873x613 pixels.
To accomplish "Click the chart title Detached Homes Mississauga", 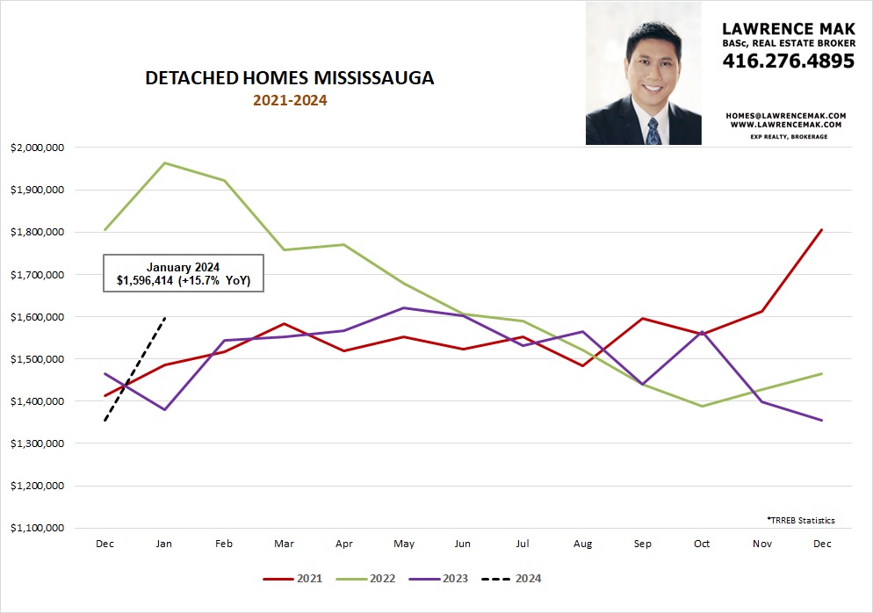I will point(289,78).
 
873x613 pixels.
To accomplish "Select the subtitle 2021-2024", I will point(290,100).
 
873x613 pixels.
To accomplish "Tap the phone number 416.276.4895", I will point(788,61).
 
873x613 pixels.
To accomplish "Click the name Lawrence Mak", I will point(788,27).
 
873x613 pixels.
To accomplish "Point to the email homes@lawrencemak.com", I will point(785,115).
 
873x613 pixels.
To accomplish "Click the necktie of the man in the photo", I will point(653,130).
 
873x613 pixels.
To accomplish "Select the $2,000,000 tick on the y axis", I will point(36,148).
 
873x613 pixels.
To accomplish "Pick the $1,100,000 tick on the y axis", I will point(36,528).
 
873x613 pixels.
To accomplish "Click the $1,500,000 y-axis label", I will point(36,359).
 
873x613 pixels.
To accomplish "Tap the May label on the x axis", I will point(404,544).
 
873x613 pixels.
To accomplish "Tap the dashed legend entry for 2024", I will point(515,579).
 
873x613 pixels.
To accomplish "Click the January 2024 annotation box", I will point(183,273).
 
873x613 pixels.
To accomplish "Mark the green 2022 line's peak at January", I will point(164,162).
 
